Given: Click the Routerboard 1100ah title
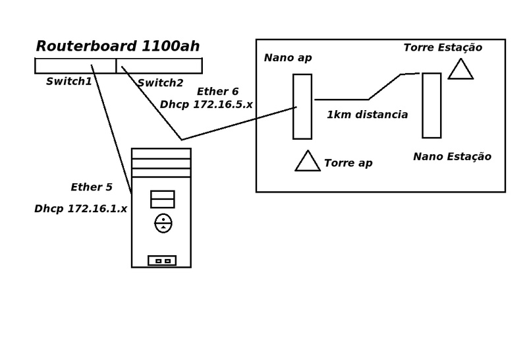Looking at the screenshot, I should (x=118, y=46).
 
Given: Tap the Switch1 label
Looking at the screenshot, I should (x=69, y=82).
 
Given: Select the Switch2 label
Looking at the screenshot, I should (x=161, y=82).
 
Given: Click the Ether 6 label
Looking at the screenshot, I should (x=217, y=92).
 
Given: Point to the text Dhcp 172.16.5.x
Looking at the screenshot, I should (x=206, y=104).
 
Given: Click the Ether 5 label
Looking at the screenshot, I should (x=92, y=187).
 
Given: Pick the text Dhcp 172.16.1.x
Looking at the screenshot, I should (x=80, y=208).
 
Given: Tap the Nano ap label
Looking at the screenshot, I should (x=288, y=58).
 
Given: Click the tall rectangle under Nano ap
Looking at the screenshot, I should (x=302, y=106).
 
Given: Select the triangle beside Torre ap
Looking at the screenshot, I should (x=308, y=162).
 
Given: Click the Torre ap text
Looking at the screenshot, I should (x=348, y=163).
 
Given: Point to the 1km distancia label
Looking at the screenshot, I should (x=367, y=115).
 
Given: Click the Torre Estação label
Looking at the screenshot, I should (x=443, y=47).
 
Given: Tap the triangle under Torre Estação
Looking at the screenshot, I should (x=460, y=70).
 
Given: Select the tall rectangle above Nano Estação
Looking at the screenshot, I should (x=431, y=105).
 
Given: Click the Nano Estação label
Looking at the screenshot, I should (x=452, y=156).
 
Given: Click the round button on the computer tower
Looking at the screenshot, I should (x=163, y=223).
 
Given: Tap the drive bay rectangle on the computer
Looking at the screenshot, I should (x=162, y=199).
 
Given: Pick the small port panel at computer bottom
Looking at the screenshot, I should (x=162, y=260).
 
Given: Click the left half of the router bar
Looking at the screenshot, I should (x=75, y=66).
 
